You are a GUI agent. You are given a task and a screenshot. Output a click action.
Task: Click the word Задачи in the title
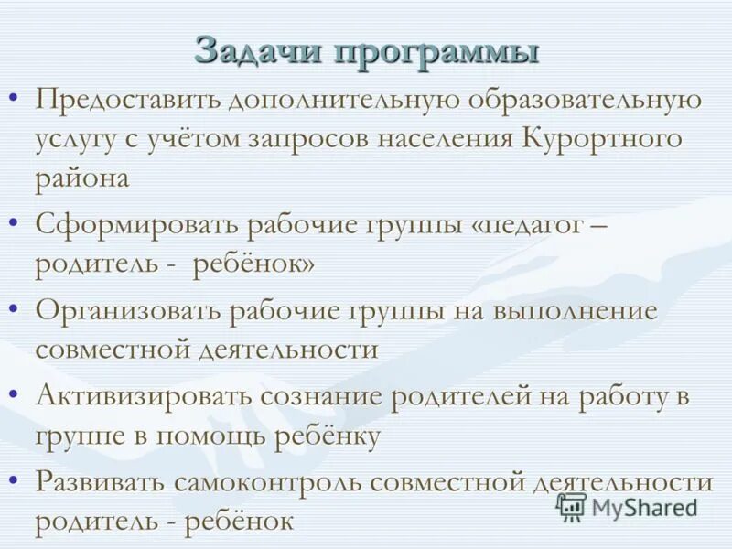[257, 50]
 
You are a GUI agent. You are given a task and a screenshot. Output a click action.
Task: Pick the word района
[82, 178]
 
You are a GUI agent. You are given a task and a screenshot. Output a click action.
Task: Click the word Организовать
[126, 310]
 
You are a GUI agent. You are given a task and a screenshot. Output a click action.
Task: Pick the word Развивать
[100, 482]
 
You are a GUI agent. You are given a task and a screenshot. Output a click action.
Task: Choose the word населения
[454, 139]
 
